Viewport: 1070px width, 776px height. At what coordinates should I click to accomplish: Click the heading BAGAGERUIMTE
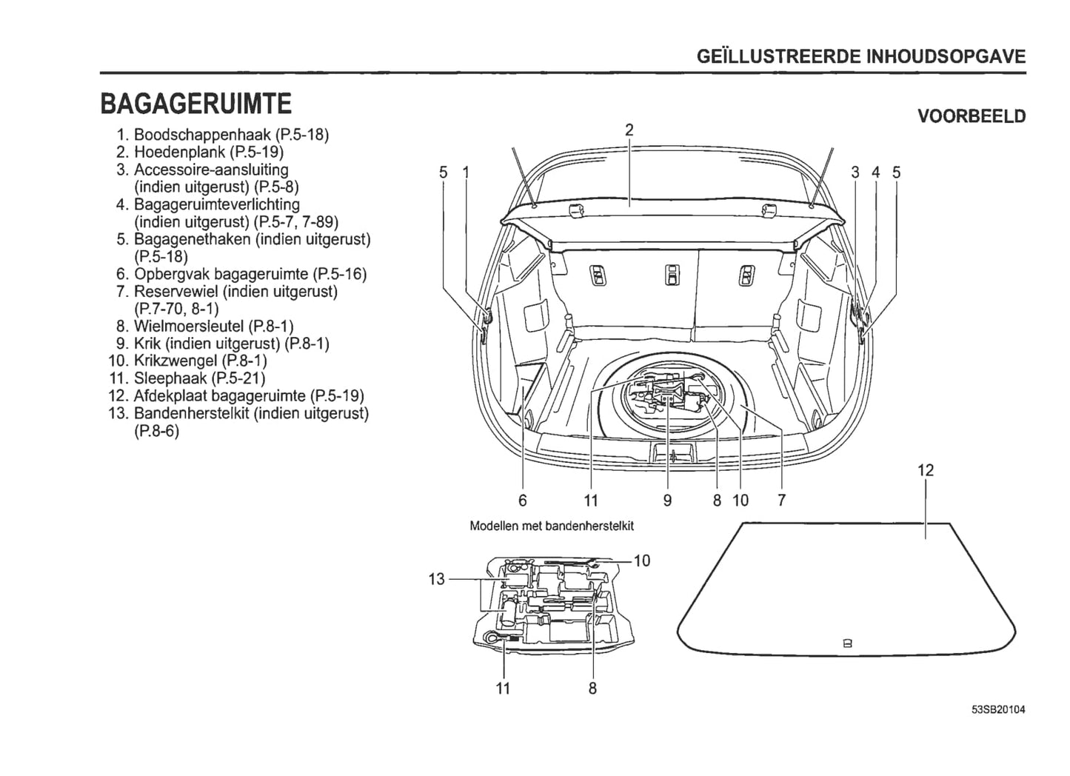click(196, 104)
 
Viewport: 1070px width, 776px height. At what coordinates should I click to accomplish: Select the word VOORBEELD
click(972, 116)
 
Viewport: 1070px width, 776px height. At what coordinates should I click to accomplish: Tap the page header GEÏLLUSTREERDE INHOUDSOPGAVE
click(861, 57)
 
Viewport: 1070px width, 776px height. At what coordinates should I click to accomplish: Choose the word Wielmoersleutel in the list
click(189, 327)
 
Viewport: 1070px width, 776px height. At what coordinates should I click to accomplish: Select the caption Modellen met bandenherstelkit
click(552, 526)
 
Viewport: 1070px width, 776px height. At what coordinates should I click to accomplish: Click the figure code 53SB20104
click(998, 710)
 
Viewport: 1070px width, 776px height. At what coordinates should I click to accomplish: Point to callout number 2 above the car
click(629, 130)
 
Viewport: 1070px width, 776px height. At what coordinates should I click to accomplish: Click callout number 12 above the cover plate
click(926, 470)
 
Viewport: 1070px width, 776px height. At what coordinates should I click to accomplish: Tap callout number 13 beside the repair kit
click(437, 578)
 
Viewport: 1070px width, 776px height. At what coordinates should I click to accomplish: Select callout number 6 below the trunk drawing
click(523, 501)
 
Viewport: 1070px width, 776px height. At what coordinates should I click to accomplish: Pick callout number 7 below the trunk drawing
click(781, 501)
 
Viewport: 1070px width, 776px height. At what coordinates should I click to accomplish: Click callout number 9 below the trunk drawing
click(667, 501)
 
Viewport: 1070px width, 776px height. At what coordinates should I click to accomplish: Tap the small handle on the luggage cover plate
click(848, 643)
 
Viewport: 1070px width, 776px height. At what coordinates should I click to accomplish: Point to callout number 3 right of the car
click(855, 173)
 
